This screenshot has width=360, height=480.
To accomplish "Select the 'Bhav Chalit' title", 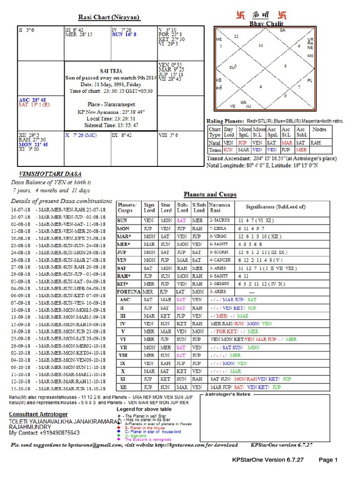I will coord(266,23).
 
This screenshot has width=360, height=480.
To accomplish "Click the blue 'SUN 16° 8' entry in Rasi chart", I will coord(124,34).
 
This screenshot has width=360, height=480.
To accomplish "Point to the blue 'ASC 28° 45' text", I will coord(33,100).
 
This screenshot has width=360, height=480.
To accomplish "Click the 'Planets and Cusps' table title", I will coord(210,194).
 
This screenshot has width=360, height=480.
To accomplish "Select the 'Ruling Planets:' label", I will coord(225,121).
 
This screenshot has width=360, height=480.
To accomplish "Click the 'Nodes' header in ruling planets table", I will coord(319,129).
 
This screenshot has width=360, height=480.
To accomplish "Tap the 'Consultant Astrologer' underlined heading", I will coord(38,414).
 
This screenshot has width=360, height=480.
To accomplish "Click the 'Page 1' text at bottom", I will coord(328,460).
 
